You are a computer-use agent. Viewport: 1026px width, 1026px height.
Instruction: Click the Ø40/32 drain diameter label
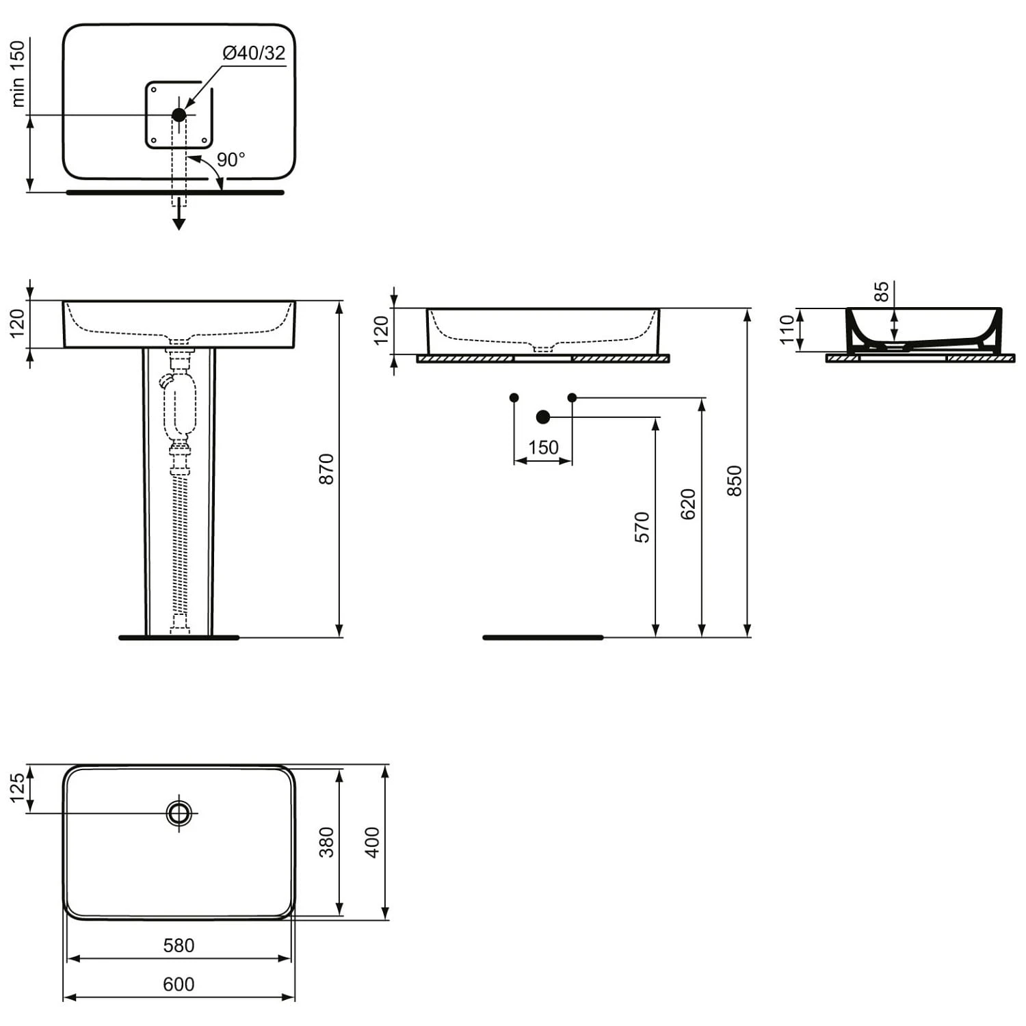click(254, 53)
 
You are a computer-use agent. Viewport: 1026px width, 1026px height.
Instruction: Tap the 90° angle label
click(231, 159)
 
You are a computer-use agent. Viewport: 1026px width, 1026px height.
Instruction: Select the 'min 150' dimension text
click(18, 73)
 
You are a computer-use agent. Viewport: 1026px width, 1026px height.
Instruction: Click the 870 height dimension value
click(327, 469)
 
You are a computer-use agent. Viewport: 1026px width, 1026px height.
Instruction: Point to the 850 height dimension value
click(734, 480)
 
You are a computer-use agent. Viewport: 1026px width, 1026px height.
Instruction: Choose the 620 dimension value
click(688, 504)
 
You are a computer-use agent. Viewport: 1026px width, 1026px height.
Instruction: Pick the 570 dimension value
click(642, 527)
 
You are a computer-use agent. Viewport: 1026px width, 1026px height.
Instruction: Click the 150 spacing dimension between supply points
click(543, 447)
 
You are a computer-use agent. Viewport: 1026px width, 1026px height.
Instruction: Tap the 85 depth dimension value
click(882, 291)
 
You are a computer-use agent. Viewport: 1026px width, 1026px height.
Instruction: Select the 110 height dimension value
click(787, 329)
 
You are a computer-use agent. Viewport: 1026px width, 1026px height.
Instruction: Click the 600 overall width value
click(179, 984)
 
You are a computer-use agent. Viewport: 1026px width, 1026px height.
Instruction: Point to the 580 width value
click(179, 945)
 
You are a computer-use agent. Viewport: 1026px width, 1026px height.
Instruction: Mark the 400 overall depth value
click(371, 842)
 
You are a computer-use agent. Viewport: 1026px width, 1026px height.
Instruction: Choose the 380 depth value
click(327, 842)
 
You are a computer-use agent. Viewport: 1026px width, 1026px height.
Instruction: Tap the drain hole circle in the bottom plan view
click(179, 813)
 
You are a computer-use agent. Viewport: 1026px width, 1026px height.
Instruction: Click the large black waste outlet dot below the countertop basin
click(543, 417)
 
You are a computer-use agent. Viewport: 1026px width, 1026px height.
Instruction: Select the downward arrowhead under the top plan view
click(179, 224)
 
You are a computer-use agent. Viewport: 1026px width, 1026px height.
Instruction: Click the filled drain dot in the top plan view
click(179, 115)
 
